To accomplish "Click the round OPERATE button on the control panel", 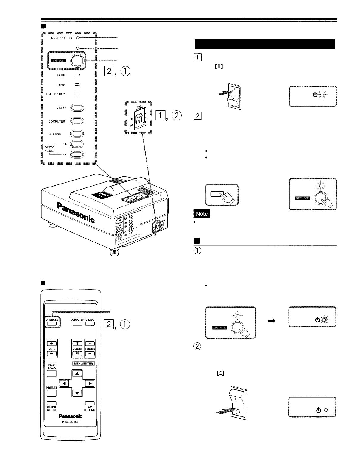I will point(77,61).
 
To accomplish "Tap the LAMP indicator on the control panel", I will point(77,75).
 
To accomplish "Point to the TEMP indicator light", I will point(77,85).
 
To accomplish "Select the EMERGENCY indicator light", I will point(77,94).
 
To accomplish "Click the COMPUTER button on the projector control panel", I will point(77,121).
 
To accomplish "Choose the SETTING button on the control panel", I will point(77,134).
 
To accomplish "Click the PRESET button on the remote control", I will point(52,393).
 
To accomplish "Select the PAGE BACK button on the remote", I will point(52,374).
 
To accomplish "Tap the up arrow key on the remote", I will point(77,373).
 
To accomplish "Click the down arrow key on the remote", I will point(77,393).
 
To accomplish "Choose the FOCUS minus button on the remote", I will point(90,354).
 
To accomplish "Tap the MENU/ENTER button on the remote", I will point(83,364).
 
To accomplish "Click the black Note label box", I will point(202,214).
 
